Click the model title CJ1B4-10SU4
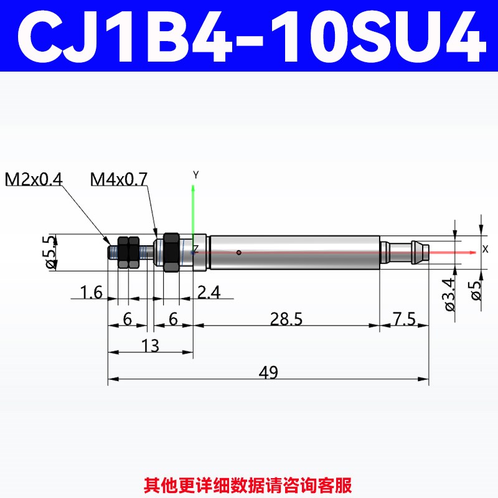click(x=249, y=36)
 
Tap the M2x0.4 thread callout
click(x=34, y=180)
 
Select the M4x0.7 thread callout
click(x=119, y=180)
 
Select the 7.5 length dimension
click(x=403, y=319)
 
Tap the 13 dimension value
click(x=150, y=345)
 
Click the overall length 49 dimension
click(x=268, y=372)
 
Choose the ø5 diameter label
click(x=477, y=290)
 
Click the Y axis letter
click(x=195, y=175)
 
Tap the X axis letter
click(x=486, y=249)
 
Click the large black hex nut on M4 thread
click(x=171, y=253)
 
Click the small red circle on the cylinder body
click(x=238, y=253)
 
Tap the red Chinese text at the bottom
click(x=248, y=482)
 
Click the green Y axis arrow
click(x=194, y=212)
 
